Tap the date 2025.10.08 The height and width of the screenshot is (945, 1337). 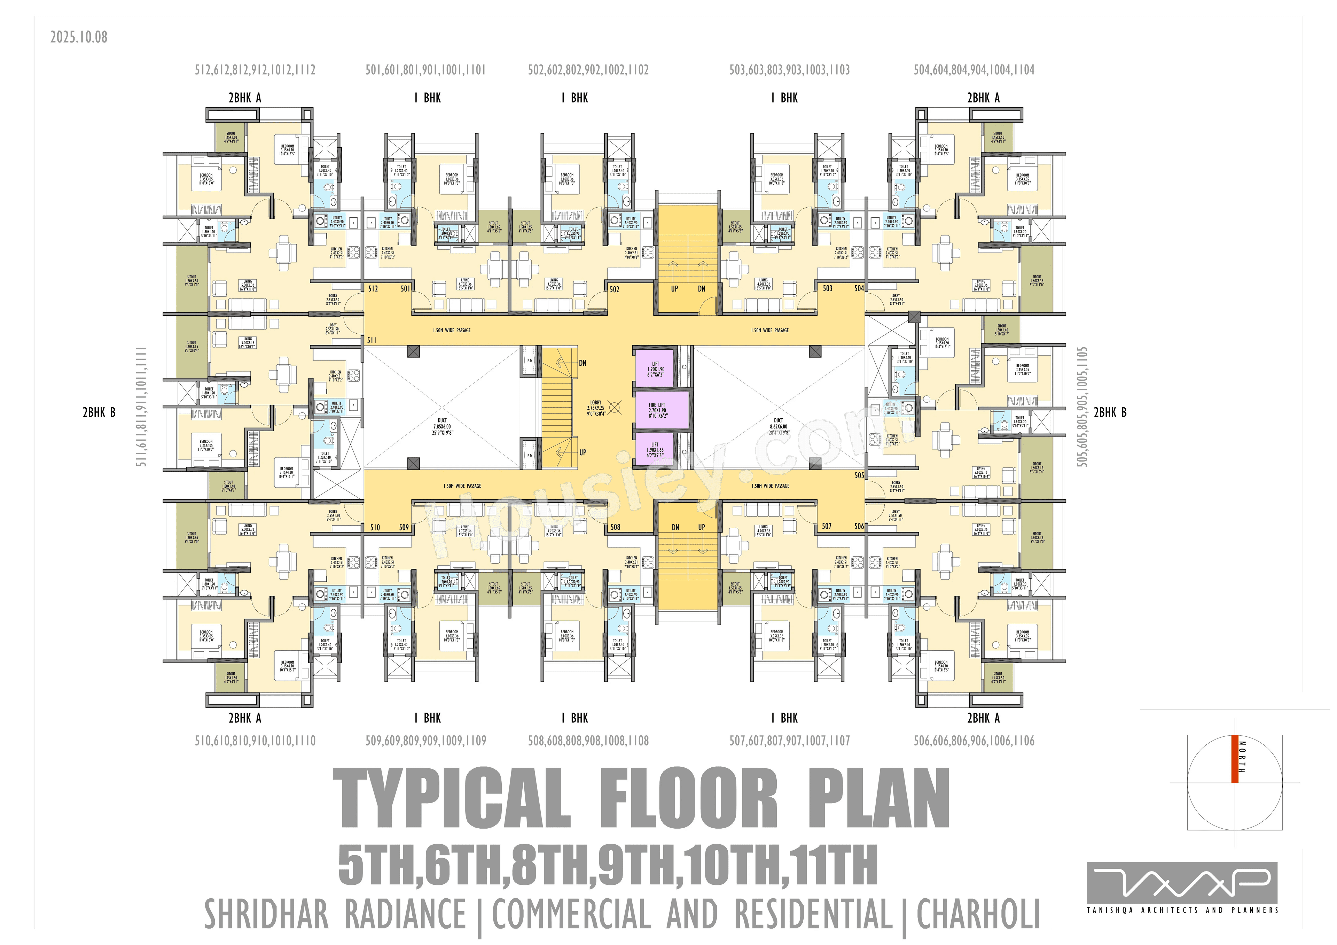79,37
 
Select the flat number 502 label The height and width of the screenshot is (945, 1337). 614,289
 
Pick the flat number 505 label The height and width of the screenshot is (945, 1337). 859,475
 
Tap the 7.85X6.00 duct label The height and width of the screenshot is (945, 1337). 442,426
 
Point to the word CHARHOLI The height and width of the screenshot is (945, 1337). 978,915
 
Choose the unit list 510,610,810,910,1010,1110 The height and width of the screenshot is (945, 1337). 255,741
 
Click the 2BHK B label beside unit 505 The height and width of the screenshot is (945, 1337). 1110,412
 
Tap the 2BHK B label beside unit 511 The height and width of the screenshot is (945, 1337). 99,412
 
